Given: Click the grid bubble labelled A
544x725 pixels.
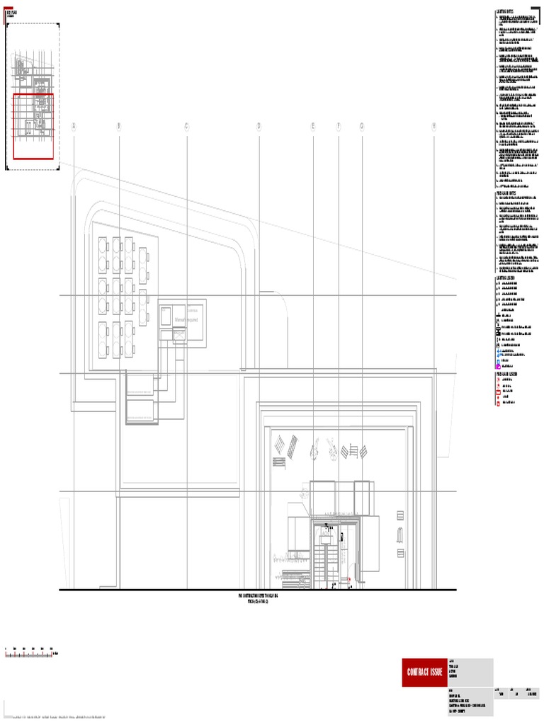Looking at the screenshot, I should [73, 127].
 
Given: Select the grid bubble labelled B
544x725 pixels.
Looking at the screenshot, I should [119, 127].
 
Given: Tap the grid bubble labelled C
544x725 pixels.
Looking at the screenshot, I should [187, 127].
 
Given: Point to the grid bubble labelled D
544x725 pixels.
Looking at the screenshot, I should [259, 127].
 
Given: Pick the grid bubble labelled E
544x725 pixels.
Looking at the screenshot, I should [312, 127].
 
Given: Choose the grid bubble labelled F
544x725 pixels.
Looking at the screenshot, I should [339, 127].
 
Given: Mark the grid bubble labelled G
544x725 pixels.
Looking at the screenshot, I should [361, 127].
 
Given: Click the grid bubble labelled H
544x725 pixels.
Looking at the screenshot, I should [433, 127].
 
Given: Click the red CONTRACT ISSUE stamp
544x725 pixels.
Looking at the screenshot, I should [425, 672].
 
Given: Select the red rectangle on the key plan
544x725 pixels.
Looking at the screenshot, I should [33, 127].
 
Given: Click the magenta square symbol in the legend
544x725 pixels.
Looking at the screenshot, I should [499, 365].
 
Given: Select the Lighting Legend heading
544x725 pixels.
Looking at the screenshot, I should [508, 278].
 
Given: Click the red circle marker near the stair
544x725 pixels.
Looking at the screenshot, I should [348, 578].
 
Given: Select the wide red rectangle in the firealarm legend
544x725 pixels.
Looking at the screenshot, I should [499, 392].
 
